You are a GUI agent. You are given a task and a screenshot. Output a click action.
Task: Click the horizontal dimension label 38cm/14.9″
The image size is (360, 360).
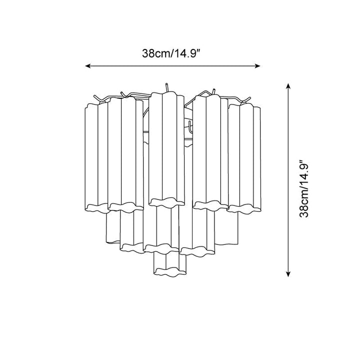point(171,53)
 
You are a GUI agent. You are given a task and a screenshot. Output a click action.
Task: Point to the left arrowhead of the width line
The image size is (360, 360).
point(87,66)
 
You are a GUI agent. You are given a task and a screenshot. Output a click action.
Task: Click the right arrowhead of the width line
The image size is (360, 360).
point(257,66)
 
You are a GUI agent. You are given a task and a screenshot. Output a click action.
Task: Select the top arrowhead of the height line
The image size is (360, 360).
point(288,85)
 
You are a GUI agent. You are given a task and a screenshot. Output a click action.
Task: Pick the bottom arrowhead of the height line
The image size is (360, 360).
point(288,274)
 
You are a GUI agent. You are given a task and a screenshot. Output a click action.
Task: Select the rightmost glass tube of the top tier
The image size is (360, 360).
point(244,158)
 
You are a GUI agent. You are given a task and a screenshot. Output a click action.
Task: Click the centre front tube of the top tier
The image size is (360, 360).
point(166,149)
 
